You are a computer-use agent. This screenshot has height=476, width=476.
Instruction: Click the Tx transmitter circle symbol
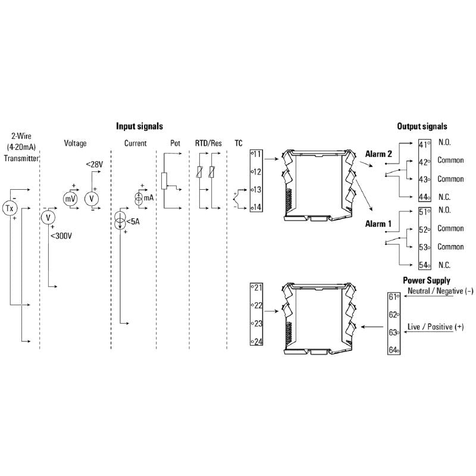pos(10,208)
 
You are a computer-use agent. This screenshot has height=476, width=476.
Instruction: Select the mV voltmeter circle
pos(70,198)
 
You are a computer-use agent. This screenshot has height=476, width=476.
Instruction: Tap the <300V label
pos(61,236)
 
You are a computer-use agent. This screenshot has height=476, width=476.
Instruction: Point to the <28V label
pos(95,165)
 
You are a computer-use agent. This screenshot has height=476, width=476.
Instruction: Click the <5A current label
pos(133,223)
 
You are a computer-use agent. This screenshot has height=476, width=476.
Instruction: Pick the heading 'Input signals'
pos(139,126)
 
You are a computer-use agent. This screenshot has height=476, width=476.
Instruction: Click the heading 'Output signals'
pos(422,126)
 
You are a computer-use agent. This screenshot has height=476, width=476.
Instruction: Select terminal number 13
pos(258,190)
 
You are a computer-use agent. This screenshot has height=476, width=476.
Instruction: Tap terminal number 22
pos(258,305)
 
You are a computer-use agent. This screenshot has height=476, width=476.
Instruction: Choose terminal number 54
pos(424,265)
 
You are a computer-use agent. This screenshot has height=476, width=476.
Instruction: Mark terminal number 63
pos(393,333)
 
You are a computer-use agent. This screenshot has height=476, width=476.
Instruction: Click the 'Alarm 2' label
pos(378,154)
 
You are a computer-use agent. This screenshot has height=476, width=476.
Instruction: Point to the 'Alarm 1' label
pos(378,224)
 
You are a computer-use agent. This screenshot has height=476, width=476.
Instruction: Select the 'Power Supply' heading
pos(426,280)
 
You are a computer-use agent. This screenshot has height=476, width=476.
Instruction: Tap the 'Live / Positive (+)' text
pos(435,328)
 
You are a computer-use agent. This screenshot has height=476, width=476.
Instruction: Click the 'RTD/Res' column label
pos(208,143)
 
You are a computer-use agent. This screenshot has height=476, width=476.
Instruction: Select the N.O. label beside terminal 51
pos(444,211)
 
